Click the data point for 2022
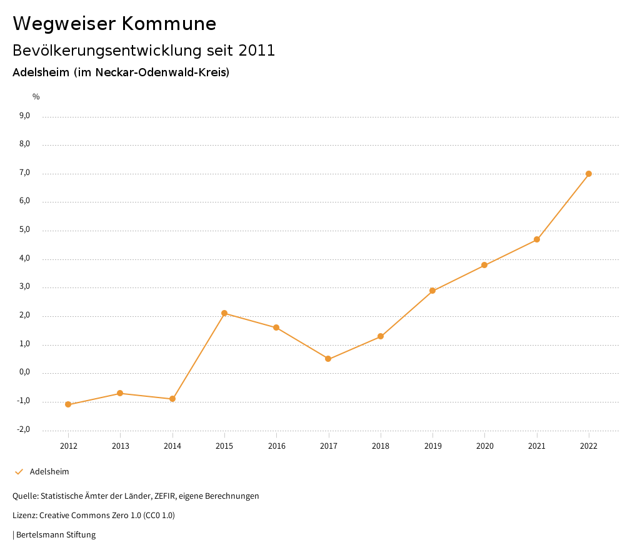[589, 174]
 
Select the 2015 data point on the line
[224, 313]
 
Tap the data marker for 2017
[328, 359]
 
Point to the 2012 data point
[68, 404]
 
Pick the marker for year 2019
[432, 291]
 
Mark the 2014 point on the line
[172, 399]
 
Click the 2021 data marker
[537, 239]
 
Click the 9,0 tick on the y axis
[25, 116]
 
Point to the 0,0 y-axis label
[25, 372]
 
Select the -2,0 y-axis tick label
[24, 429]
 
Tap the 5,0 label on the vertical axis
[25, 230]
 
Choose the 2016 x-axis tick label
[276, 446]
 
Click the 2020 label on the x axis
[484, 446]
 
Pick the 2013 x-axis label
[120, 446]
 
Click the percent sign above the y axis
[36, 97]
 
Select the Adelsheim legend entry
[49, 472]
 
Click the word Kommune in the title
[169, 24]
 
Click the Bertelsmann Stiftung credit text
[56, 535]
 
